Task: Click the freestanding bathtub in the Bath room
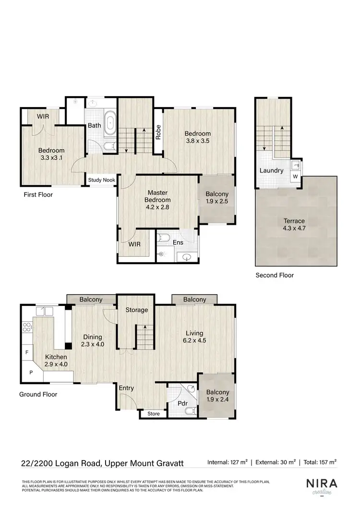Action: click(111, 122)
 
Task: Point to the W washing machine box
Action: click(295, 177)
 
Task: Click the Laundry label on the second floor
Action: click(271, 170)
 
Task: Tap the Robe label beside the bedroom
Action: click(157, 133)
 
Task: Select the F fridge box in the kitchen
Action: click(26, 352)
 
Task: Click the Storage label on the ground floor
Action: click(136, 310)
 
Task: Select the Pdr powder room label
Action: click(182, 403)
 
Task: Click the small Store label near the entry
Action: click(153, 413)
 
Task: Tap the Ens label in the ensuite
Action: click(178, 243)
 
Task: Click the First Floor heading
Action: click(38, 195)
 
